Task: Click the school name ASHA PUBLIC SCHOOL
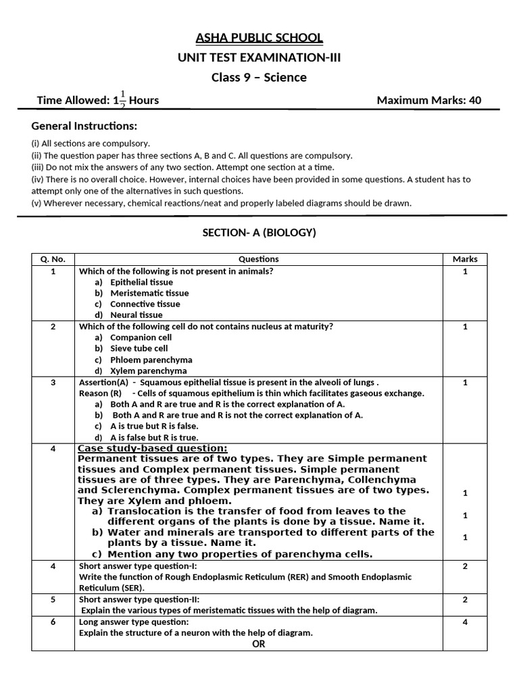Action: pyautogui.click(x=259, y=38)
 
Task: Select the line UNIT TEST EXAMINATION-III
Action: pyautogui.click(x=259, y=57)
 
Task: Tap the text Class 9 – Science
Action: pyautogui.click(x=259, y=77)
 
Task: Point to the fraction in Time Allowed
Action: pyautogui.click(x=122, y=100)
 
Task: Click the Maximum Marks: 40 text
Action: pyautogui.click(x=428, y=101)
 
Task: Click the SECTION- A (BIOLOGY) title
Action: pyautogui.click(x=259, y=233)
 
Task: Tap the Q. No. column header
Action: pyautogui.click(x=53, y=259)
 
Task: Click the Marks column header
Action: pyautogui.click(x=464, y=259)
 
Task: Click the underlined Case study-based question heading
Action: pyautogui.click(x=153, y=449)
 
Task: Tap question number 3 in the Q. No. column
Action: pyautogui.click(x=53, y=383)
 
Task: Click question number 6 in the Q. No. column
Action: pyautogui.click(x=53, y=621)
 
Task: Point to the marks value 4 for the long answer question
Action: pyautogui.click(x=464, y=621)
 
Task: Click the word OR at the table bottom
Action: pyautogui.click(x=258, y=644)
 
